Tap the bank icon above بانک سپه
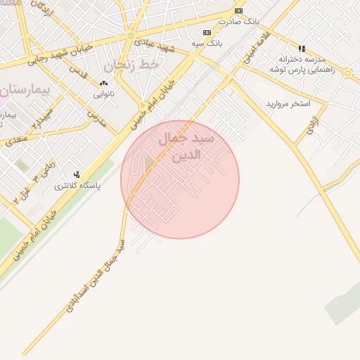pyautogui.click(x=207, y=32)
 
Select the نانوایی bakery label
pyautogui.click(x=103, y=94)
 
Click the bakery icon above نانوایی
pyautogui.click(x=103, y=83)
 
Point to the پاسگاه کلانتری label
pyautogui.click(x=77, y=186)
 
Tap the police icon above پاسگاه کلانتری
pyautogui.click(x=77, y=174)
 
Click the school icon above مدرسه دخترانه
pyautogui.click(x=302, y=49)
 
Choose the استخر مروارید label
pyautogui.click(x=288, y=104)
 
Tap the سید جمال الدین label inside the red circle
pyautogui.click(x=187, y=146)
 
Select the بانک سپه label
pyautogui.click(x=207, y=43)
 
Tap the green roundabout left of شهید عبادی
pyautogui.click(x=131, y=35)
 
